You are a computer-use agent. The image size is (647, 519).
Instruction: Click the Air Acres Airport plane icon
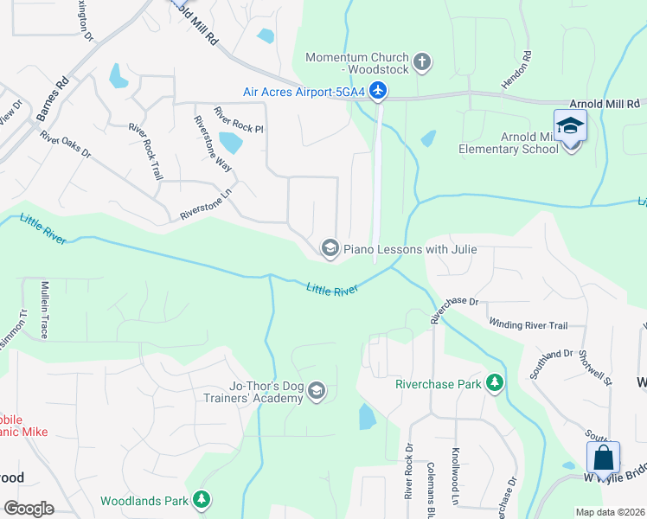coord(378,90)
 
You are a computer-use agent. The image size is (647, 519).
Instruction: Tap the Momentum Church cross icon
coord(422,61)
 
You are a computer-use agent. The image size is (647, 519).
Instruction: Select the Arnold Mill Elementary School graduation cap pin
coord(571,127)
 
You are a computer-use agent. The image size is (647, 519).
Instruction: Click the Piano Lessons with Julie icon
coord(329,249)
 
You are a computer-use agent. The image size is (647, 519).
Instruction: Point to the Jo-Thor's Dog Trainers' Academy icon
coord(316,392)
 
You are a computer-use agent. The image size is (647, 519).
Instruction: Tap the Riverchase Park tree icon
coord(494,382)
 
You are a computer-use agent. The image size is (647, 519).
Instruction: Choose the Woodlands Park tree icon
coord(201,499)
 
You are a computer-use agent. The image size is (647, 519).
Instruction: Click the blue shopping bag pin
coord(603,458)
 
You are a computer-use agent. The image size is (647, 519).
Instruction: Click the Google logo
coord(29,509)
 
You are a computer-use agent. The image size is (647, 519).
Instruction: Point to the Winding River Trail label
coord(528,325)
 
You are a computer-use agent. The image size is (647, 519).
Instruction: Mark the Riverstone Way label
coord(211,145)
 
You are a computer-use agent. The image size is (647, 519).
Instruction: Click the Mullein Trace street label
coord(43,308)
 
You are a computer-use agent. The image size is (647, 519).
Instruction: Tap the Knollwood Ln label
coord(455,476)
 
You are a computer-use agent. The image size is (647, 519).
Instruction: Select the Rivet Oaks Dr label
coord(66,144)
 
